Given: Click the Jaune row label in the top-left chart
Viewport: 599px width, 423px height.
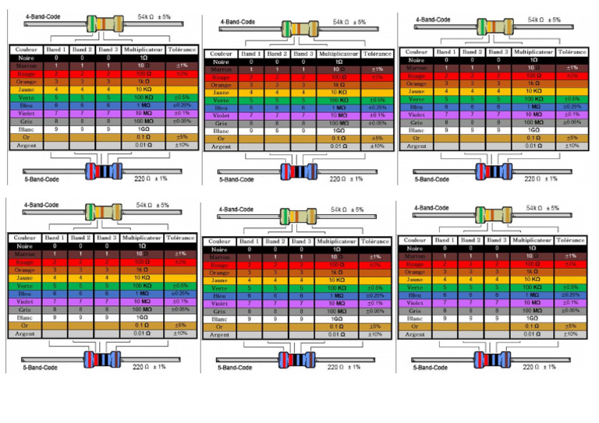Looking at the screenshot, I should (23, 90).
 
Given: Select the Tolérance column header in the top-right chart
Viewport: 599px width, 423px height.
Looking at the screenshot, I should (572, 52).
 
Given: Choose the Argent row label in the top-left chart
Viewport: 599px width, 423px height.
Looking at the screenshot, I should (23, 146).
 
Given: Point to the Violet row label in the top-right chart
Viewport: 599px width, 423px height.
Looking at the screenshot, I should (416, 115).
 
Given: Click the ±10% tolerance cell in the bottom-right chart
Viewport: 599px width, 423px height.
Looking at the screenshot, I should (572, 333).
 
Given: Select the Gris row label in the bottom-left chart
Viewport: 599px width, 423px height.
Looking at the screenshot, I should (23, 309).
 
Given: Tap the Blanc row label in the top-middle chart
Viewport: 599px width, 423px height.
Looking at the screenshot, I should (221, 131).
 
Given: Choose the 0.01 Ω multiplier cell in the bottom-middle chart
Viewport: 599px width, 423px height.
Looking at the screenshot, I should (338, 335).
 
